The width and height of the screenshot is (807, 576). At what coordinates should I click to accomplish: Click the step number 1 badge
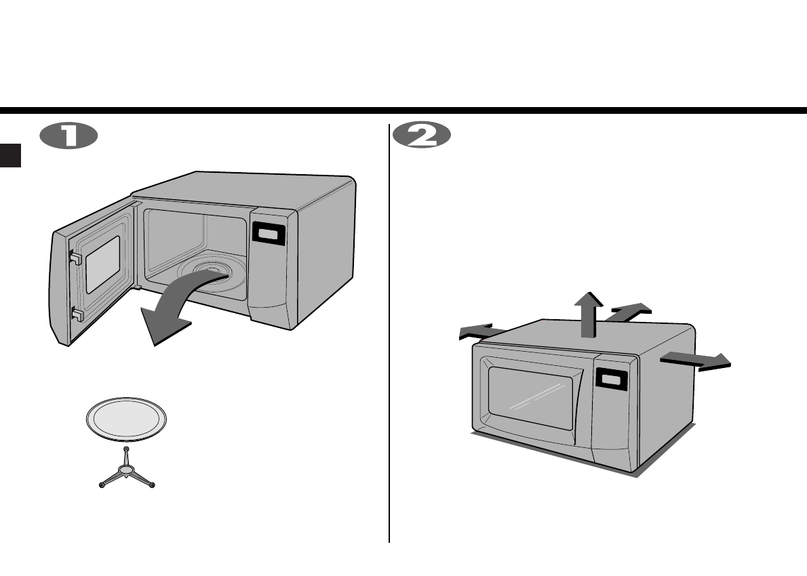point(68,136)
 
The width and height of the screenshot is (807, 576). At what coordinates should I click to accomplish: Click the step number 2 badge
point(422,136)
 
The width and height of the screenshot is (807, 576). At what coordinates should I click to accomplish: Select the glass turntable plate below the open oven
point(126,419)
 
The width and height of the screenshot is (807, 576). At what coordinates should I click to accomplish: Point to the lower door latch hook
point(76,313)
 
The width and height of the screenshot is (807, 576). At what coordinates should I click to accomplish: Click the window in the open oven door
point(102,265)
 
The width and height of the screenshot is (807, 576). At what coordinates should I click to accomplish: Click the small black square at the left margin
point(10,155)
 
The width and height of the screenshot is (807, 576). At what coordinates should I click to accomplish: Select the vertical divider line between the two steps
point(389,339)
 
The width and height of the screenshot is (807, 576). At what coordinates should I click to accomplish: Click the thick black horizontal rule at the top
point(403,110)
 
